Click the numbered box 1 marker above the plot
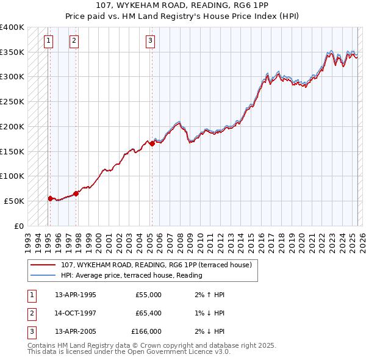pos(48,41)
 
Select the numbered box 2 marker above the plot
pos(73,41)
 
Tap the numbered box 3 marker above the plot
pos(150,41)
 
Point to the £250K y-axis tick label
pos(12,102)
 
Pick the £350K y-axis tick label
pos(12,52)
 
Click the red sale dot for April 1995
pos(50,198)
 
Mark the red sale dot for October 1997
pos(76,193)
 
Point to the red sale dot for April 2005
pos(152,144)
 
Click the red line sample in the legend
pos(43,265)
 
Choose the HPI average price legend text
pos(132,275)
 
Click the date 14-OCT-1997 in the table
pos(76,313)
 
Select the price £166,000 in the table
pos(146,331)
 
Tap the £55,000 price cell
pos(148,295)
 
